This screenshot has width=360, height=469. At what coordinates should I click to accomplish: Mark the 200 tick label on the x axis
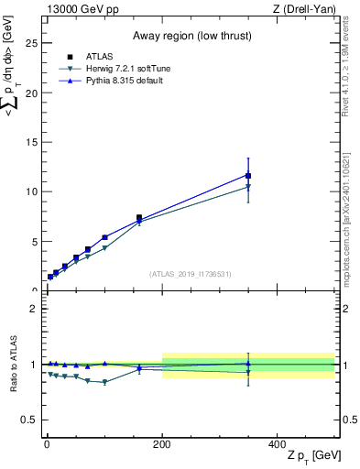point(162,443)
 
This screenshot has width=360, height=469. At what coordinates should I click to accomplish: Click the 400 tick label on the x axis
point(278,443)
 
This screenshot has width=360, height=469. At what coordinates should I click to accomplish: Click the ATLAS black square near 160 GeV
point(139,218)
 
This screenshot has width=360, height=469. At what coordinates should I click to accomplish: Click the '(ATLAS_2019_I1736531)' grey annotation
point(190,274)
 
